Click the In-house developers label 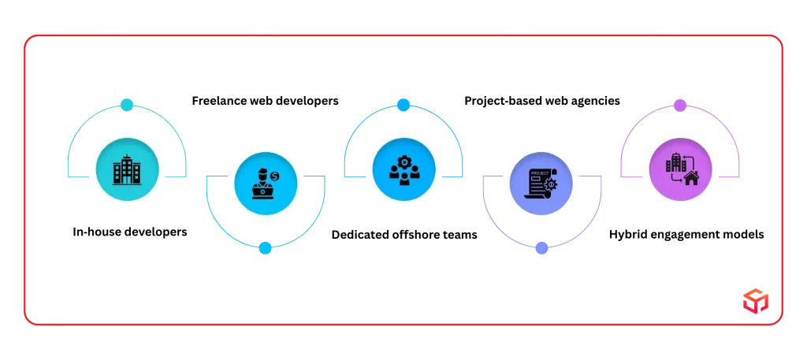tap(130, 232)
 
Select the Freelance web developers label tap(265, 101)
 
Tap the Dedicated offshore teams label tap(404, 235)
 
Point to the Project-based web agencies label tap(542, 101)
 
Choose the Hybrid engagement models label tap(686, 235)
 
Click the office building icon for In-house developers tap(127, 169)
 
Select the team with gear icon tap(404, 169)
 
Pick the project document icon tap(541, 184)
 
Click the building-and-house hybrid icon tap(680, 169)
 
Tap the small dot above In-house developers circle tap(127, 105)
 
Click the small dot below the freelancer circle tap(265, 248)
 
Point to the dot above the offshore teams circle tap(403, 105)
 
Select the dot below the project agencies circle tap(541, 248)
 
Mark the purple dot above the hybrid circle tap(680, 106)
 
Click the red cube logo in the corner tap(756, 301)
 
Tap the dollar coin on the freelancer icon tap(275, 176)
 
